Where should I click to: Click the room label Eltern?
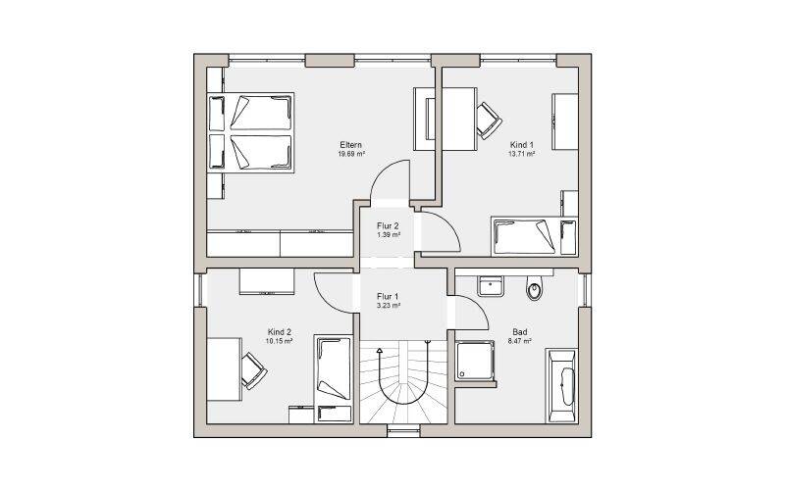[x=350, y=145]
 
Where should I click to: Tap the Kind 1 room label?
[x=521, y=145]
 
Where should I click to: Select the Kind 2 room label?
[x=280, y=332]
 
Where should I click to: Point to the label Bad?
[x=520, y=332]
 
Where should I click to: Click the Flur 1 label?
[x=388, y=297]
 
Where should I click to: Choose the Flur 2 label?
[x=388, y=226]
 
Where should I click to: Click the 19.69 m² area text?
[x=351, y=154]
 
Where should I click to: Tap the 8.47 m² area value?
[x=520, y=341]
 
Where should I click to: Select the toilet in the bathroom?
[x=534, y=287]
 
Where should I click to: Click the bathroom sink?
[x=490, y=285]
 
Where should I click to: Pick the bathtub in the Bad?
[x=561, y=385]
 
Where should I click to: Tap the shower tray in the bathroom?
[x=474, y=361]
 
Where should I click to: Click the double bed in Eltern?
[x=250, y=132]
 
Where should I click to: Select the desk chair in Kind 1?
[x=488, y=121]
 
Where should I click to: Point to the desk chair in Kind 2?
[x=253, y=370]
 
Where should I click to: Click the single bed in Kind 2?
[x=333, y=379]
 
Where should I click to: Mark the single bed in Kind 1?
[x=534, y=236]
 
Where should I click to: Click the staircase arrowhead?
[x=380, y=351]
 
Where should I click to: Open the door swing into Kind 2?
[x=333, y=294]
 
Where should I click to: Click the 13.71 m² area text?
[x=522, y=154]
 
